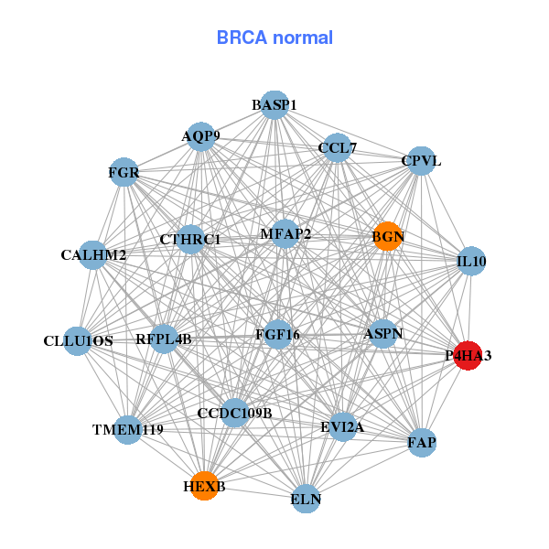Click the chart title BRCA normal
point(274,38)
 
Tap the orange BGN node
point(387,236)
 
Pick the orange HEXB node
point(202,486)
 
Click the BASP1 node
point(274,105)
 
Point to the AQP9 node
point(200,137)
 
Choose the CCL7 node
point(338,147)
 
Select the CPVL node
point(420,161)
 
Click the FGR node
point(124,172)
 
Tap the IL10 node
point(471,261)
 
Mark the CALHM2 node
point(94,253)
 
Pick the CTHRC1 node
point(190,240)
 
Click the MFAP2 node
point(285,233)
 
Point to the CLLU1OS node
point(78,340)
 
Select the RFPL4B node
point(164,339)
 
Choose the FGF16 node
point(277,334)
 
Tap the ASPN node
point(383,334)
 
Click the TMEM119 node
point(127,429)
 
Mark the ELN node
point(306,500)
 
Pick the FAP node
point(421,443)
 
